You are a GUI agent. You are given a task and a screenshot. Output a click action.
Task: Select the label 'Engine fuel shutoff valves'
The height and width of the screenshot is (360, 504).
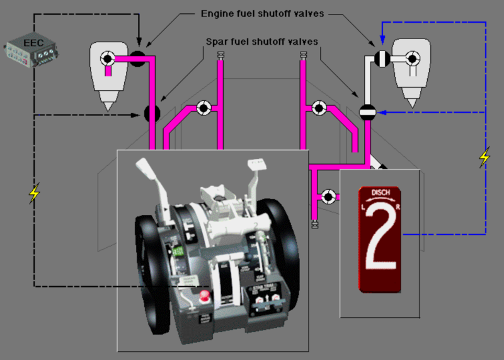click(262, 13)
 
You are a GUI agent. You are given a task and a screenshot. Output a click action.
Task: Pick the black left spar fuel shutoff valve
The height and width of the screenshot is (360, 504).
click(152, 113)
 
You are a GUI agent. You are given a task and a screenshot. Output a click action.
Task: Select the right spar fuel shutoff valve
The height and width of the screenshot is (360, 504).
click(367, 112)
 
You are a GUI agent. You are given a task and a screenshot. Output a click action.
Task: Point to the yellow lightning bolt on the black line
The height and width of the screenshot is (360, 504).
click(35, 193)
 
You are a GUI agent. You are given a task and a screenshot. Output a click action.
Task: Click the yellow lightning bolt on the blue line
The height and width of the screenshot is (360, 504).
click(484, 158)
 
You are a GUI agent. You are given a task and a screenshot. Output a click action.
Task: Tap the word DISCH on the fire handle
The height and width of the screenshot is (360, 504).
click(380, 193)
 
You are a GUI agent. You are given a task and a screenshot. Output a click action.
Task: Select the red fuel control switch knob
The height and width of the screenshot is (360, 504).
click(203, 296)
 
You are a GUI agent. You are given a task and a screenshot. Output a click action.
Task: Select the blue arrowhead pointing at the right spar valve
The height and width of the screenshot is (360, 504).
click(382, 112)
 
